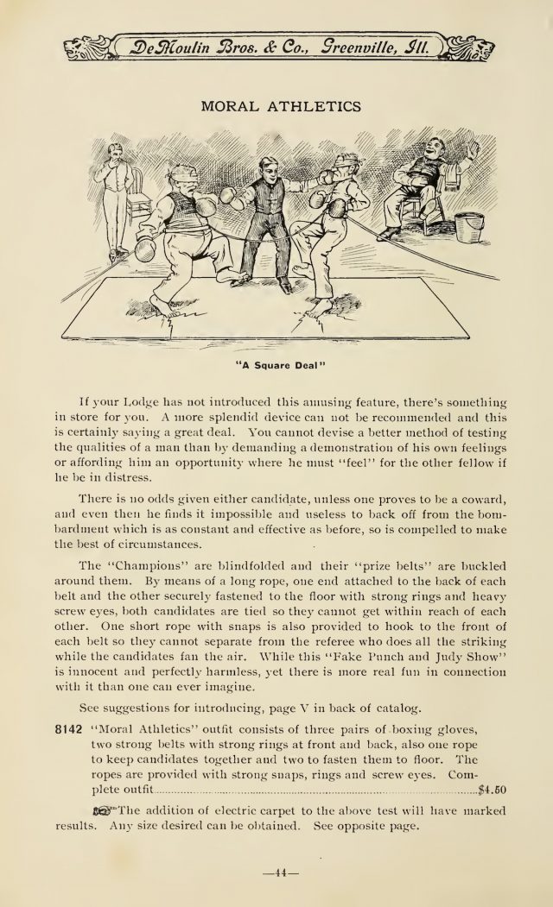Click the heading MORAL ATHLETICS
pyautogui.click(x=279, y=107)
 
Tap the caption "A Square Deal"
pyautogui.click(x=280, y=363)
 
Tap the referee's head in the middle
pyautogui.click(x=269, y=167)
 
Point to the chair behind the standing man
pyautogui.click(x=135, y=203)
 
